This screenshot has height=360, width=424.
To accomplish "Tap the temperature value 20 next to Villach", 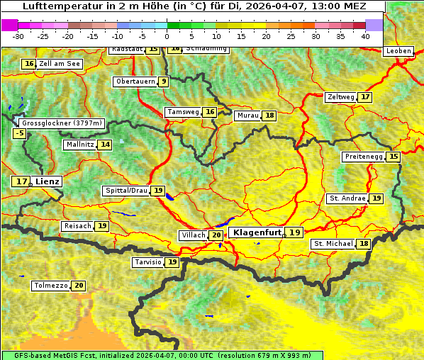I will pyautogui.click(x=216, y=235).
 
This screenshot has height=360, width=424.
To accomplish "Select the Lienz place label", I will pyautogui.click(x=48, y=181).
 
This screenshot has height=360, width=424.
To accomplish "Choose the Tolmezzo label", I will pyautogui.click(x=50, y=286).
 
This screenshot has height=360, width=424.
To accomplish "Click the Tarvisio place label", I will pyautogui.click(x=147, y=262).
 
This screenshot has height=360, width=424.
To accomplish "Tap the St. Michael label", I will pyautogui.click(x=333, y=244).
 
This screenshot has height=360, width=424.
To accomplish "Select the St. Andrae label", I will pyautogui.click(x=347, y=198).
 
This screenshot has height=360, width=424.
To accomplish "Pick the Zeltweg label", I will pyautogui.click(x=340, y=97).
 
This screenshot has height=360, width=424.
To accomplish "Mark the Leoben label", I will pyautogui.click(x=398, y=51).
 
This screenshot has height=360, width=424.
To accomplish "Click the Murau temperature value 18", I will pyautogui.click(x=269, y=116).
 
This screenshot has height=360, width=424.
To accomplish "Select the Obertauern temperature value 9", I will pyautogui.click(x=164, y=81).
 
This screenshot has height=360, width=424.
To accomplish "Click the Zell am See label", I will pyautogui.click(x=60, y=64).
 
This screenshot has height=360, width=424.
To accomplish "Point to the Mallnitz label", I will pyautogui.click(x=79, y=145).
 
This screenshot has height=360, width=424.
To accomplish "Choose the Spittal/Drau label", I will pyautogui.click(x=125, y=191).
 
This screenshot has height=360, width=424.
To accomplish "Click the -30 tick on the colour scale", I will pyautogui.click(x=18, y=35).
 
